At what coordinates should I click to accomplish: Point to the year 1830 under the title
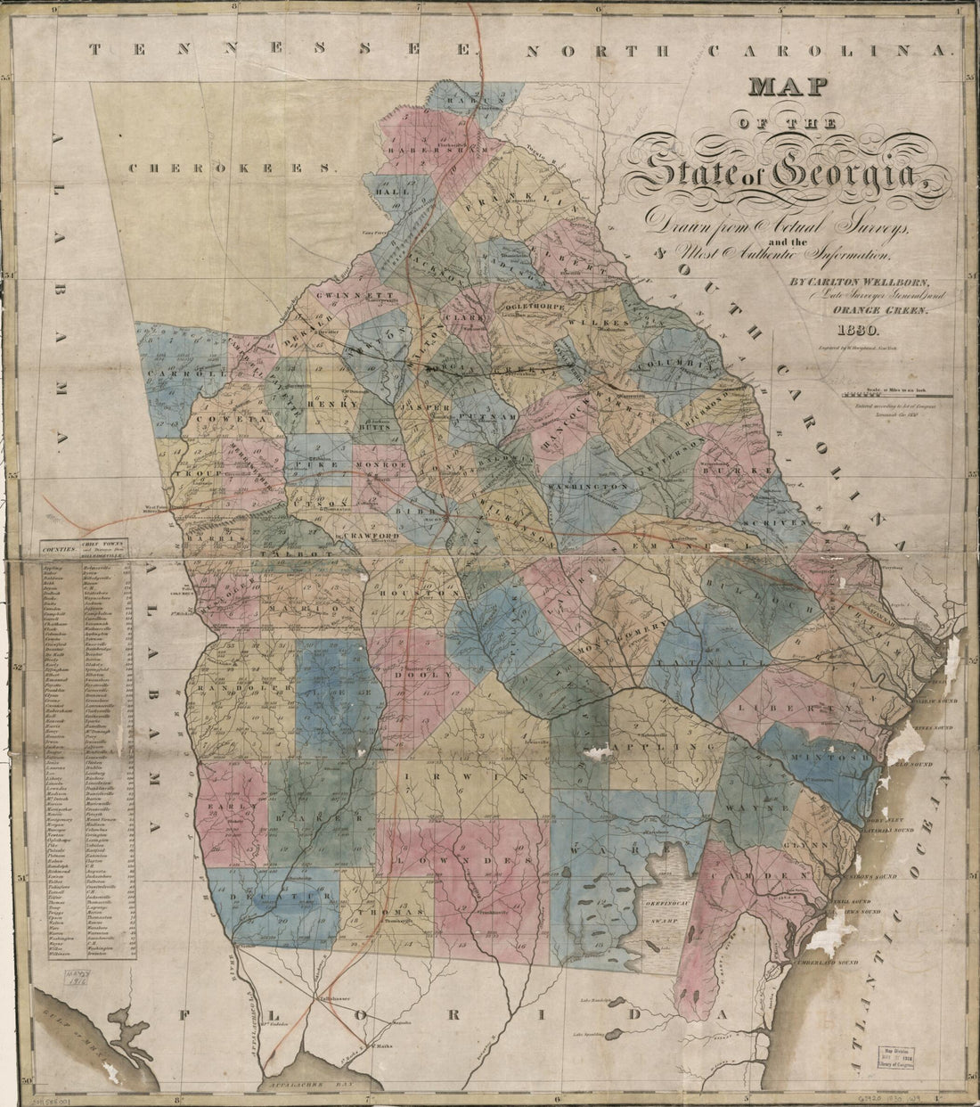click(853, 330)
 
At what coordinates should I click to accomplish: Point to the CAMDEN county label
click(762, 876)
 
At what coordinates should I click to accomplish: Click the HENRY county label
click(321, 404)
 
